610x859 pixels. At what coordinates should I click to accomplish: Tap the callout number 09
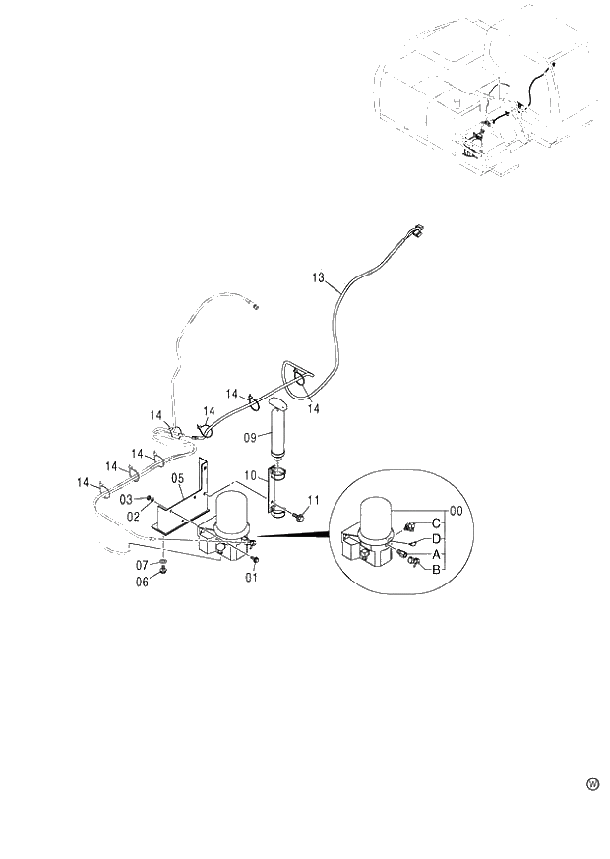250,436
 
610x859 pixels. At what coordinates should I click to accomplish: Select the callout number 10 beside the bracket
250,475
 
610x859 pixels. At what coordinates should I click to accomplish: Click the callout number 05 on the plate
178,479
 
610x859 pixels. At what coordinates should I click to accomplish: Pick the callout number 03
128,499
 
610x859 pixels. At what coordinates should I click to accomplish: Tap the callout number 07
142,566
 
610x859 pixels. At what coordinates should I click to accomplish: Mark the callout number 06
142,582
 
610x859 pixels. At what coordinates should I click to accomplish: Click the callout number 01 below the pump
252,578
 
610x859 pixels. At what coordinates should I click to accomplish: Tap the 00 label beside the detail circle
456,511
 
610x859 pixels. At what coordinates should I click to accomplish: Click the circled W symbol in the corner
592,784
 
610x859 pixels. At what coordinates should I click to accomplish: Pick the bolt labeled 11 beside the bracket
296,514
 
